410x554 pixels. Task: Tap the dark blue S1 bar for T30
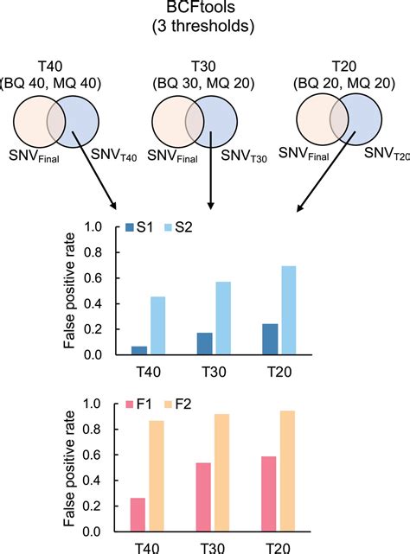(x=204, y=343)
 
